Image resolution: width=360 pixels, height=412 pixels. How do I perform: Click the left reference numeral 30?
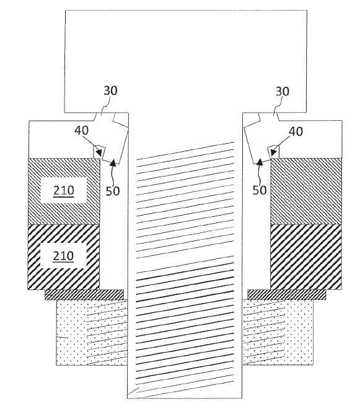click(110, 90)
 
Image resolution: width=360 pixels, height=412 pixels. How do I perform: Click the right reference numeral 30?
click(282, 92)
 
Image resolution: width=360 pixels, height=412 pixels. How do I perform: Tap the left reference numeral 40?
click(81, 130)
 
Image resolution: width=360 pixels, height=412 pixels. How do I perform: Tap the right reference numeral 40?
click(296, 131)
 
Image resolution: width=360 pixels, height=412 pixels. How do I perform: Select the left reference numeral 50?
click(113, 191)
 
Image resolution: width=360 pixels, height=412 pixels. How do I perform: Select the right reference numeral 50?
click(260, 190)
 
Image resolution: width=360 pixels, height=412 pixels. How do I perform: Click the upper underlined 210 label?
click(64, 191)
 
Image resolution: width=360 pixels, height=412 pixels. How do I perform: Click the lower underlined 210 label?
click(63, 256)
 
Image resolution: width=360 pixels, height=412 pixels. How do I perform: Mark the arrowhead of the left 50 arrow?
click(113, 162)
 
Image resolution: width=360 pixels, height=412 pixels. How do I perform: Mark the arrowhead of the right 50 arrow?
click(260, 162)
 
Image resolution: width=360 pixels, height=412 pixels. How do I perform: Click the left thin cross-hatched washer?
click(84, 294)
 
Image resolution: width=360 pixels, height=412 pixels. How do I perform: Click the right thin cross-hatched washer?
click(287, 294)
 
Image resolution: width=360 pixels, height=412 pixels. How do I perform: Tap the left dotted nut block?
click(92, 332)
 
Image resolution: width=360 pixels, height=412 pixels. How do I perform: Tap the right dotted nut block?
click(278, 332)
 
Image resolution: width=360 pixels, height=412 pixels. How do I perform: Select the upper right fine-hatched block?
click(306, 191)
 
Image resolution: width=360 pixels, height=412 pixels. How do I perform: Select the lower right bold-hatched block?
click(306, 257)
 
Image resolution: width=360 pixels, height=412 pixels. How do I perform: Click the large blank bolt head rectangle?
click(185, 61)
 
